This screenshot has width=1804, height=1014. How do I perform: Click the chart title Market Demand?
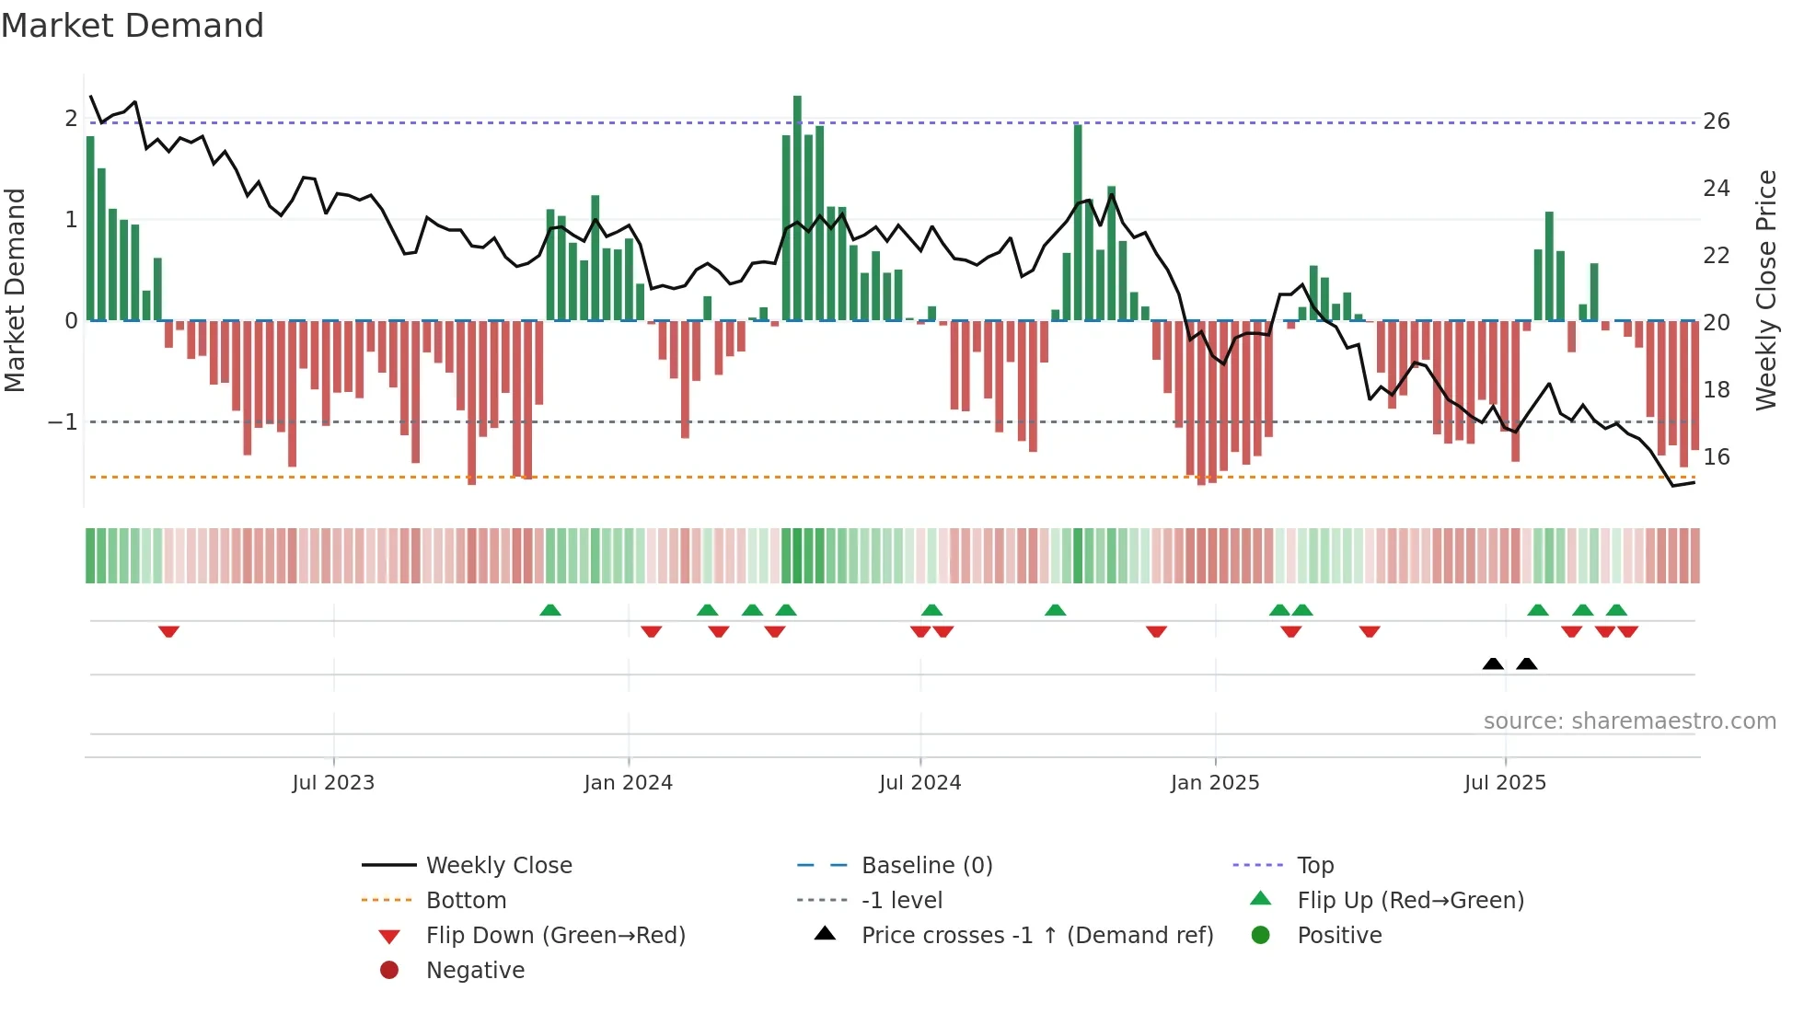pos(133,26)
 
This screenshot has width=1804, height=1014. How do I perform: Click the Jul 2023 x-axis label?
pos(333,783)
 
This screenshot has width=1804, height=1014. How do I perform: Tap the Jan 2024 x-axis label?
pos(628,783)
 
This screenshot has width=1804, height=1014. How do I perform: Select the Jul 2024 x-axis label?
pos(919,783)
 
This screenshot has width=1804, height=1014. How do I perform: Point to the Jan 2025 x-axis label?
pos(1214,783)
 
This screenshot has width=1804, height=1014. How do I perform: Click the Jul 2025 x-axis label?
pos(1505,783)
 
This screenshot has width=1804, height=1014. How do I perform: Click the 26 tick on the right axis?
pos(1716,121)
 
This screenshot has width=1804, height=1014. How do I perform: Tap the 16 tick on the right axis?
pos(1716,457)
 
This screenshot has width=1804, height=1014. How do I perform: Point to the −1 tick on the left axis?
pos(63,422)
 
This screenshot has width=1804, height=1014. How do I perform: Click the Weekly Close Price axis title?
pos(1765,290)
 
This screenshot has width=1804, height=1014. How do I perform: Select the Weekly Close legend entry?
pos(498,866)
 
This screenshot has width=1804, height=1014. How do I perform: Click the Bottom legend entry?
pos(466,901)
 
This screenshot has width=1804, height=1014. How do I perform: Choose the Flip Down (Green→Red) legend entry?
pos(555,936)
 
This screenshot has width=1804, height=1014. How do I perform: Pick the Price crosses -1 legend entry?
pos(1036,936)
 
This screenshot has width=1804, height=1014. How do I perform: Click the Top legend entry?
pos(1314,866)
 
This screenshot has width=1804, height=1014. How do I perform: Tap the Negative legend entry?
pos(475,971)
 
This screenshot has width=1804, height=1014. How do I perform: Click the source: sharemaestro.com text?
pos(1629,721)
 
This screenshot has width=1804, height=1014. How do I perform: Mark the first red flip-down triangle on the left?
pos(168,631)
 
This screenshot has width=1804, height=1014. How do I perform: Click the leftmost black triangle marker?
pos(1493,663)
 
